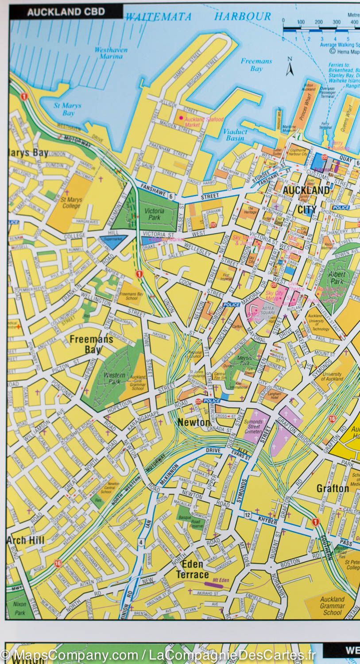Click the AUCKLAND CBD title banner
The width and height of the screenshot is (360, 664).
66,12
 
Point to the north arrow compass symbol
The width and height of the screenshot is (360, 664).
290,66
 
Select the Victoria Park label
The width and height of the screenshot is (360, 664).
154,215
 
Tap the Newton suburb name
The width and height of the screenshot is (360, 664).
194,422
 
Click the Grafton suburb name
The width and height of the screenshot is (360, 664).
333,488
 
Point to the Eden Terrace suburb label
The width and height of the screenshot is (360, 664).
192,569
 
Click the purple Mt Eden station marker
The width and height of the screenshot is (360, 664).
214,585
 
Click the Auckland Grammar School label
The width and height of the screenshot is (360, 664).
332,606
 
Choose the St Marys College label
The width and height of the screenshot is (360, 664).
71,203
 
